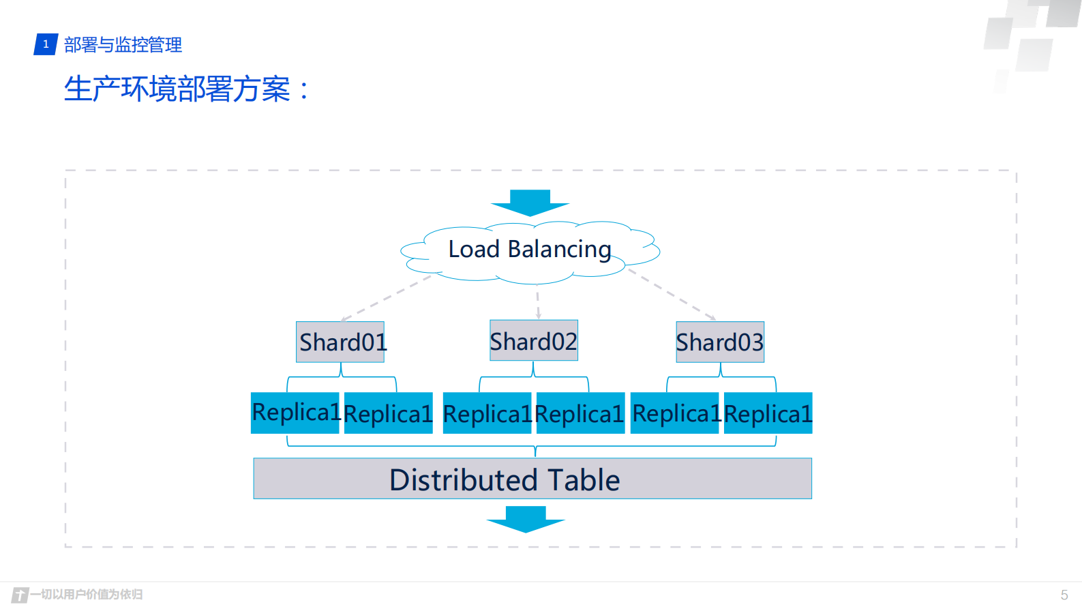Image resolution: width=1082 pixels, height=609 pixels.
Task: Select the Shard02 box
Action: coord(533,340)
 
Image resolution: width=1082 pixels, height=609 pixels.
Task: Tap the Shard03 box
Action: coord(719,342)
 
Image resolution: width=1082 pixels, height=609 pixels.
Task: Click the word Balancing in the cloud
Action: coord(559,250)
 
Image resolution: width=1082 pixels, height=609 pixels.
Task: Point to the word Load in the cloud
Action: coord(473,250)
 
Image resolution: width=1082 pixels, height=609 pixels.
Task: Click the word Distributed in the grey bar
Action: coord(463,480)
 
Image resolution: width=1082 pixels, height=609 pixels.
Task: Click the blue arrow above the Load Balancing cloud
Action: coord(530,202)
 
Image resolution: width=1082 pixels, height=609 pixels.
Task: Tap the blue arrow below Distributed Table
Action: coord(526,519)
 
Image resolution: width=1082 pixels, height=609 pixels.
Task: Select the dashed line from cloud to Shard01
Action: coord(387,297)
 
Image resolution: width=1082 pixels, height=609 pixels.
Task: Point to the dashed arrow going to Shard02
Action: coord(538,305)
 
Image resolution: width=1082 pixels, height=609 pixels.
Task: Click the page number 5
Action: coord(1064,595)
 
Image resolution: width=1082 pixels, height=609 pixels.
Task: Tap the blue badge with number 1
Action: coord(46,44)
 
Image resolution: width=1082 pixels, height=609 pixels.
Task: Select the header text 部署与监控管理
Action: coord(123,45)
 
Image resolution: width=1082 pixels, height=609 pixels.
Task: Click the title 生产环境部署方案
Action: coord(177,89)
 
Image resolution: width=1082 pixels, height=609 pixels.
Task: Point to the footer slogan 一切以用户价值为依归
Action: coord(87,594)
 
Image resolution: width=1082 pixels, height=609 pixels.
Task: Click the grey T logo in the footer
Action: coord(20,595)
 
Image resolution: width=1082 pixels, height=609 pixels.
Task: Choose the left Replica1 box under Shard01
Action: coord(295,413)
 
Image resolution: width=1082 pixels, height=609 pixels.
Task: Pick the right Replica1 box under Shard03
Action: coord(768,413)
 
